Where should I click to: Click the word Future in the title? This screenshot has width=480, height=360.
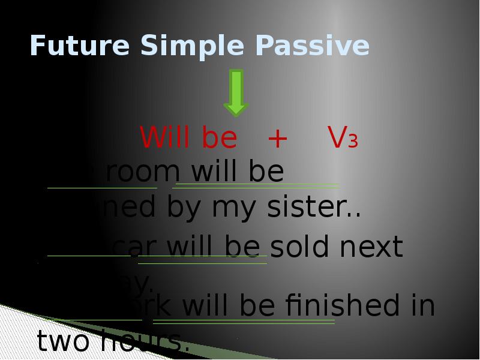[79, 46]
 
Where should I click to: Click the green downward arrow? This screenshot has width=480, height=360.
[236, 92]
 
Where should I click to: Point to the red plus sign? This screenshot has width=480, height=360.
[278, 139]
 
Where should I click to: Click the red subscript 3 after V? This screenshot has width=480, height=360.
[353, 142]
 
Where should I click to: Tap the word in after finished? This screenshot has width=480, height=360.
[424, 306]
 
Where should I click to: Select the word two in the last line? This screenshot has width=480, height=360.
[63, 342]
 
